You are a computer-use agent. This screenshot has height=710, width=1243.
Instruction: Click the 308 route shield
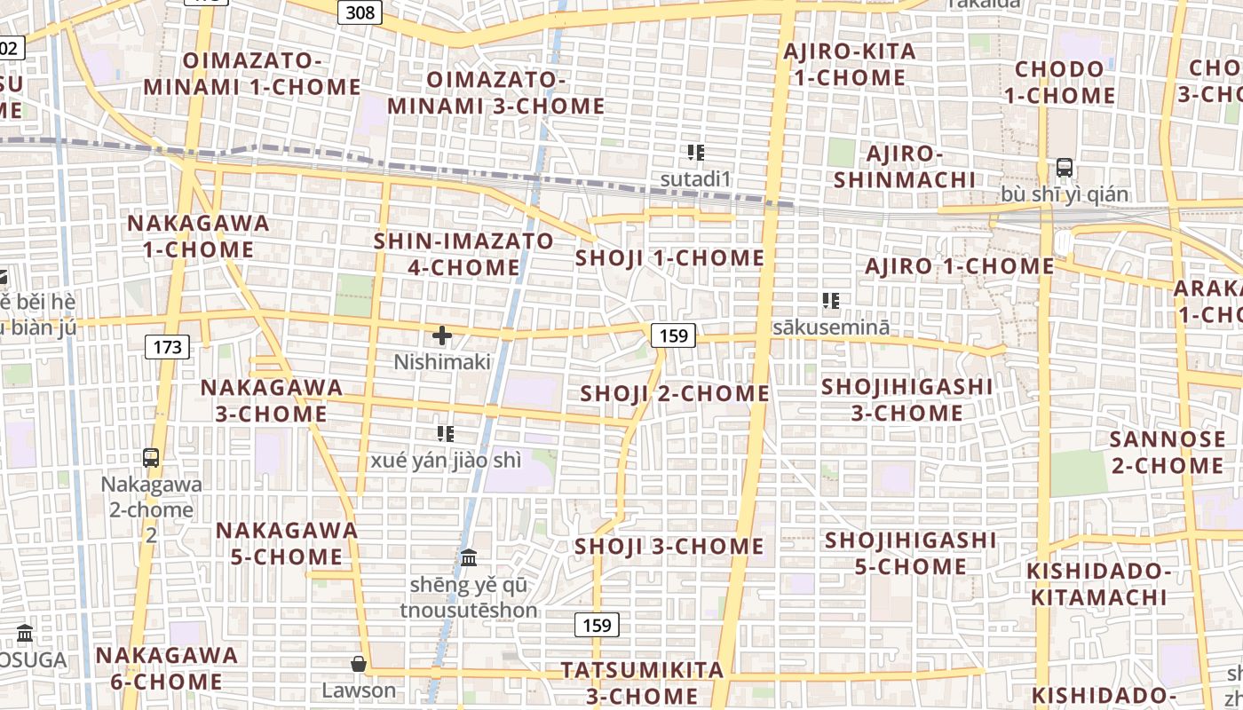360,12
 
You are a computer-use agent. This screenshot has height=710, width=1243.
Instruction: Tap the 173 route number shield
167,346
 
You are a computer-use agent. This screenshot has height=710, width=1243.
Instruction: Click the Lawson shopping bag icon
359,664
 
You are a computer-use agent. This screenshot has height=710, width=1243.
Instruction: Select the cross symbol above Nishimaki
441,335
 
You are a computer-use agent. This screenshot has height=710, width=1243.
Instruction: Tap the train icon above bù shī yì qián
1064,167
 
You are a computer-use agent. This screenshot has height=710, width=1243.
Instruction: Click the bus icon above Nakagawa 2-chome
151,458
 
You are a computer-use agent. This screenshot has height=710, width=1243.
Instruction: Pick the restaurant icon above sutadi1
695,153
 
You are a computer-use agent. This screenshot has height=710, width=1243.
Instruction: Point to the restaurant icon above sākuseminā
831,301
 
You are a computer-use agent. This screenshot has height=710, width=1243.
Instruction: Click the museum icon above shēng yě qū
469,558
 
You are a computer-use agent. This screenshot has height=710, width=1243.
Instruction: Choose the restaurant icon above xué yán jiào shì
446,434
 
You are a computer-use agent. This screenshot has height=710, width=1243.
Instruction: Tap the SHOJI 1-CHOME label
669,258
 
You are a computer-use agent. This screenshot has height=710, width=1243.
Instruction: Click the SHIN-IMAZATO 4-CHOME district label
463,254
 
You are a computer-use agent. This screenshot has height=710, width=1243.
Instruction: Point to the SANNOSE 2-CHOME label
1167,452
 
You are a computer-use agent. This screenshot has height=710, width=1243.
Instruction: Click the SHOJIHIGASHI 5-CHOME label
910,553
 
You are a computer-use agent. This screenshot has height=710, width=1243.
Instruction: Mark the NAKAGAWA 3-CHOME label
272,400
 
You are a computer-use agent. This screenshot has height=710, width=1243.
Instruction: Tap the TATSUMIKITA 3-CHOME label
642,682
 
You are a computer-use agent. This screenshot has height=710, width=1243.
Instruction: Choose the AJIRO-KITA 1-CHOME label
849,64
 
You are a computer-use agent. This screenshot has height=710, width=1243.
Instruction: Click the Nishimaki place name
442,362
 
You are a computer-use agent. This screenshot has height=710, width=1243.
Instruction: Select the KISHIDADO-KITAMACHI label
1099,583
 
